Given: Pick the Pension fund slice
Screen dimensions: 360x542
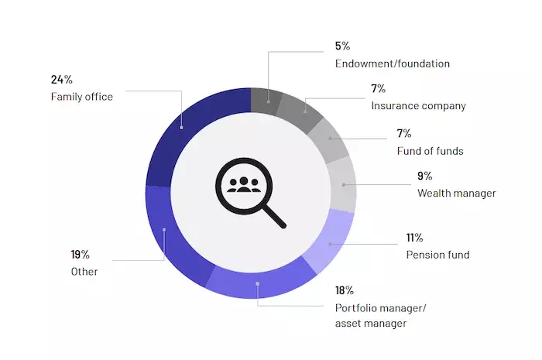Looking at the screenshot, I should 328,245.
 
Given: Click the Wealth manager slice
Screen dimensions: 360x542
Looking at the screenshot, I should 342,184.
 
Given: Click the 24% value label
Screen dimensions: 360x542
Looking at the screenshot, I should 62,80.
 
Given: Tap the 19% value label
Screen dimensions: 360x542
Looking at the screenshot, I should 81,255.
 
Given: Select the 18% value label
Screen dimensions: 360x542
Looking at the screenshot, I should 345,290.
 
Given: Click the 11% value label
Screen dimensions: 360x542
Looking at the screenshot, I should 413,238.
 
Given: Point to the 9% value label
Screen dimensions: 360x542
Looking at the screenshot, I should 424,176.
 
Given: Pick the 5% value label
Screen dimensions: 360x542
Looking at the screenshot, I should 342,46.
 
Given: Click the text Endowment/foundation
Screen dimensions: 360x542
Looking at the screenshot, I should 393,63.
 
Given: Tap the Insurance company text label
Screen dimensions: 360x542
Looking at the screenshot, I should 418,106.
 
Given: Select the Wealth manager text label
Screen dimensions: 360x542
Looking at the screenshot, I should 456,193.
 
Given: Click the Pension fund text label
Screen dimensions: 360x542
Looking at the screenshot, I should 437,255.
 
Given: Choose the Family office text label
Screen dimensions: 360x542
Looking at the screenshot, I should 82,97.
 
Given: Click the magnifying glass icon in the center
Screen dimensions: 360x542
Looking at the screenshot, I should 249,191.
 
